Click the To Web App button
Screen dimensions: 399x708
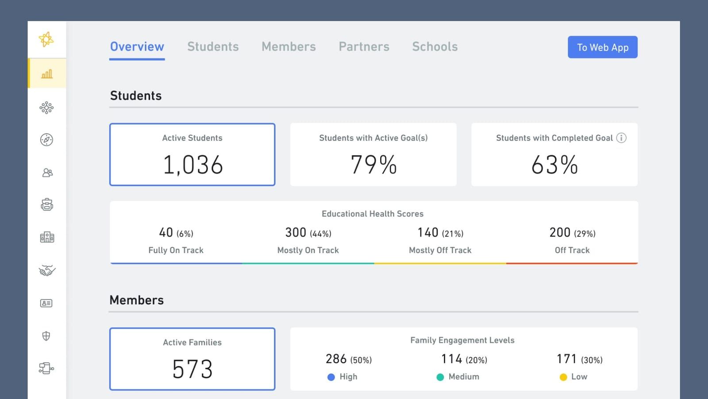(602, 47)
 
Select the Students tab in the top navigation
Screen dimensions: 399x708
(213, 47)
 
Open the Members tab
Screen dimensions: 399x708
(289, 47)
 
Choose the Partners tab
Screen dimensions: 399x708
(364, 47)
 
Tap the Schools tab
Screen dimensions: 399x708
(435, 47)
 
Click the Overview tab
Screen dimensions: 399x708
(137, 47)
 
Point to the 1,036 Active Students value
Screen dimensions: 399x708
(192, 165)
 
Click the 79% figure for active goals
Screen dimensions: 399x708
(373, 165)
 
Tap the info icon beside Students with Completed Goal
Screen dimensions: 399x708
(621, 138)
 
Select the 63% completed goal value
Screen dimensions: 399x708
(554, 165)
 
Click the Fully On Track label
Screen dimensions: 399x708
(176, 250)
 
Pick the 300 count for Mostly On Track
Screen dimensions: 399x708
(296, 232)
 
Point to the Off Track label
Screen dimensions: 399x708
(572, 250)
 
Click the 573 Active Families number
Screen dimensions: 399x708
(192, 369)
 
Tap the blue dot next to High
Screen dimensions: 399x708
(331, 377)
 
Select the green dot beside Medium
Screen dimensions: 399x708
(440, 377)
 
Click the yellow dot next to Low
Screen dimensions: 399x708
(563, 377)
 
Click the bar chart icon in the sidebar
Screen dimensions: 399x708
(47, 74)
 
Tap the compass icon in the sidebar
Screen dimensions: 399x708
(46, 140)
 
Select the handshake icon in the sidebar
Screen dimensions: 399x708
(47, 270)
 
